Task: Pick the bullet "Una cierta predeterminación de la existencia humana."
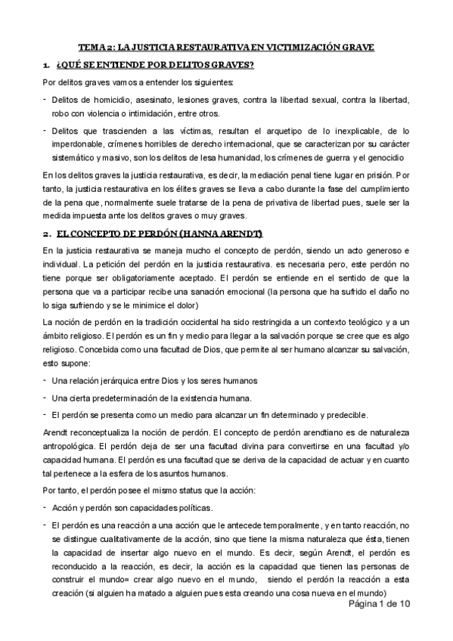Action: (x=151, y=398)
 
